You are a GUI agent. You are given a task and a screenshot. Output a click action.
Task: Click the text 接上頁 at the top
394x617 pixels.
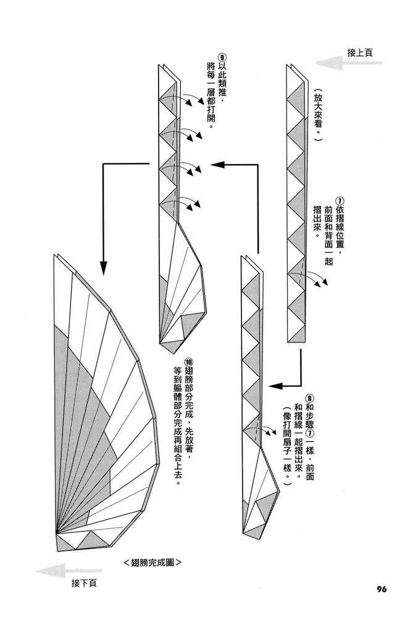(x=360, y=53)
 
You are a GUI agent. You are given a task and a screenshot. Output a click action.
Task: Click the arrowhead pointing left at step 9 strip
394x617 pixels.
(x=216, y=164)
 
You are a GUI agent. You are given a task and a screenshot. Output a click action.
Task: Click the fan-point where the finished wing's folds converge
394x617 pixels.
(x=57, y=532)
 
